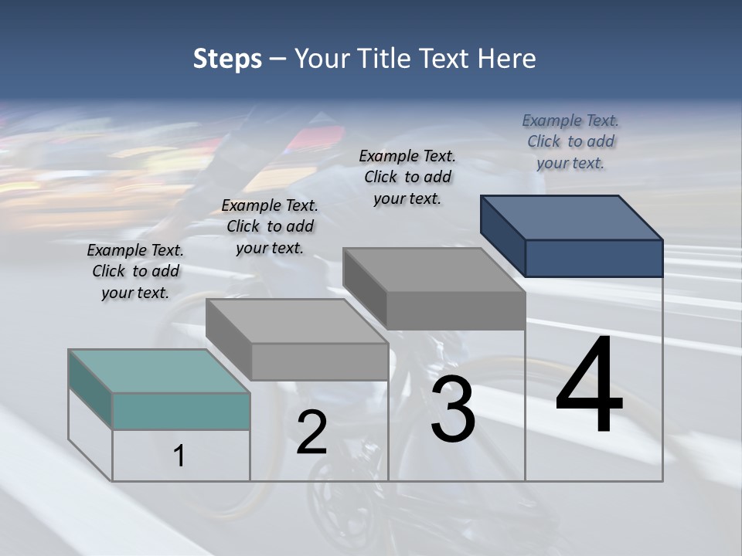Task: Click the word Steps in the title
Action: pos(227,59)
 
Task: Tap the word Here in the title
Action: pos(507,59)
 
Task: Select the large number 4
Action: pos(589,386)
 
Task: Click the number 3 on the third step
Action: pos(453,409)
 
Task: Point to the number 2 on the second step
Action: pos(311,432)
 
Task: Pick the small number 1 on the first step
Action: pos(179,456)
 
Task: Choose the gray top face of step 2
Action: pos(297,321)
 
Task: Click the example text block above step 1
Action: pos(135,272)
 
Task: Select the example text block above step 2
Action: pos(270,227)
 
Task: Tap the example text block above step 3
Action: pos(407,177)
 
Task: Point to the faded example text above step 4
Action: pos(570,142)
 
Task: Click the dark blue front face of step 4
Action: pos(594,258)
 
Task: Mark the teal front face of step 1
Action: pos(181,411)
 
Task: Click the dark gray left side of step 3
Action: pos(364,287)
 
